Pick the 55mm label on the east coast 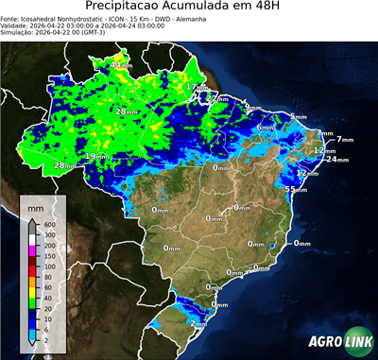pyautogui.click(x=295, y=189)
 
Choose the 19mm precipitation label pyautogui.click(x=95, y=156)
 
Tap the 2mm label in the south pyautogui.click(x=199, y=323)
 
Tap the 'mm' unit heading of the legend pyautogui.click(x=36, y=206)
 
